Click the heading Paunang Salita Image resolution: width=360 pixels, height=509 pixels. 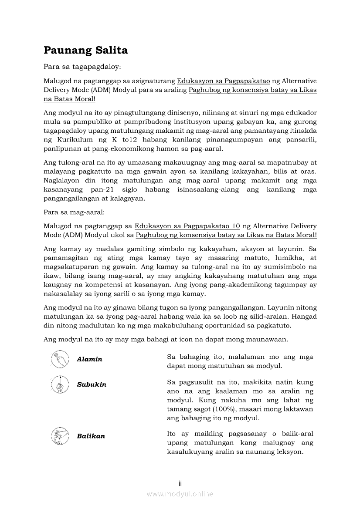tap(85, 51)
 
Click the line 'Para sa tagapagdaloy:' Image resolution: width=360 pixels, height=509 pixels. tap(82, 67)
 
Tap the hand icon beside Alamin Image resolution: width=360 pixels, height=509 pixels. tap(58, 359)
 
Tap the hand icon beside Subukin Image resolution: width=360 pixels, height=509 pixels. tap(58, 384)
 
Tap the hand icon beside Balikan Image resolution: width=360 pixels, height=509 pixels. tap(58, 435)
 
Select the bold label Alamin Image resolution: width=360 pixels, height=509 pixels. tap(89, 359)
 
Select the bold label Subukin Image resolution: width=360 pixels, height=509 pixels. tap(92, 384)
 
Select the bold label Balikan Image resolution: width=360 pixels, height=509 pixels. tap(91, 436)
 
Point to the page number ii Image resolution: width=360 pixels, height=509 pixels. tap(180, 483)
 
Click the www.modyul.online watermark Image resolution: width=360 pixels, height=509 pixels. tap(180, 494)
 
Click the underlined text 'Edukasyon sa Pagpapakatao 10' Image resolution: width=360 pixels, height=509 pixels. tap(187, 226)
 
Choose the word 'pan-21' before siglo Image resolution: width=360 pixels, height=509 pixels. tap(103, 189)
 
